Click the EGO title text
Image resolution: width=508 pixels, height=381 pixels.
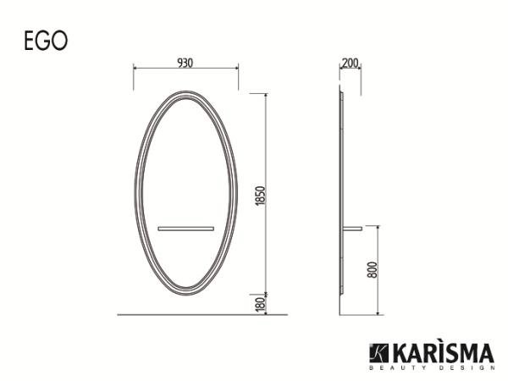(x=47, y=41)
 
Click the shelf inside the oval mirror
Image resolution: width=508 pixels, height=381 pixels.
(x=185, y=227)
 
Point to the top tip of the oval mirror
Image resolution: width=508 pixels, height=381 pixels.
(x=185, y=88)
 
